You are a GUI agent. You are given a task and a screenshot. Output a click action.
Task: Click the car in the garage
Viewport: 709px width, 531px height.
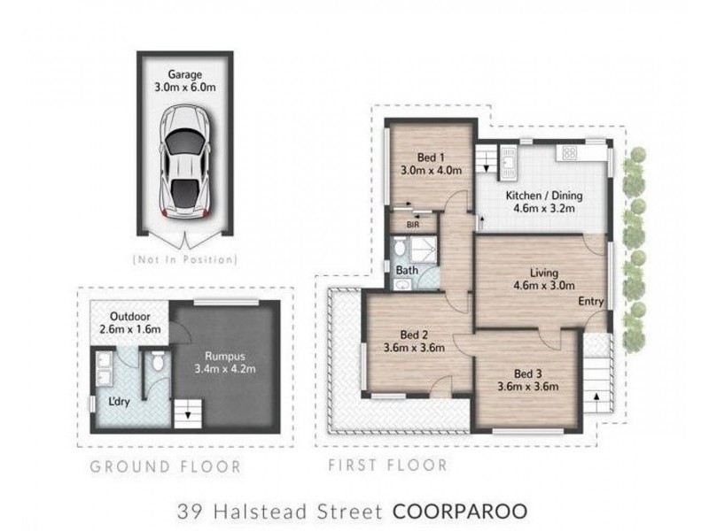pos(185,164)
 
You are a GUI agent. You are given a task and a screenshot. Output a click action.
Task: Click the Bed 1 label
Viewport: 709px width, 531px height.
pos(432,157)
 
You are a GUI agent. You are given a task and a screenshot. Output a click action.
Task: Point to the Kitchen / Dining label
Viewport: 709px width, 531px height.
pos(541,195)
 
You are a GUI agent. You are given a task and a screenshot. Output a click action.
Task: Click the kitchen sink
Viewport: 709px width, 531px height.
pos(509,160)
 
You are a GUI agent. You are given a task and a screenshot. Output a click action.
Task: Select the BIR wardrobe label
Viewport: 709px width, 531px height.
pos(412,225)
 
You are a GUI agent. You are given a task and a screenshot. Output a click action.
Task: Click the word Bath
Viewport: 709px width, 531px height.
pos(407,270)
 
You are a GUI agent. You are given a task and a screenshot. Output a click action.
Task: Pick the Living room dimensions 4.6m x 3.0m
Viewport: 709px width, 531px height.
pos(544,286)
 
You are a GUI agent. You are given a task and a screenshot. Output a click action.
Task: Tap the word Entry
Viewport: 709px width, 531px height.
pos(591,302)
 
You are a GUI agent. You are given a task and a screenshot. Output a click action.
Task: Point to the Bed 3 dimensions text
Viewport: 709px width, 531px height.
pos(526,386)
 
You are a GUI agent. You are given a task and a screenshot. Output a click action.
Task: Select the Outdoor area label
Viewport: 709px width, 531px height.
pos(126,317)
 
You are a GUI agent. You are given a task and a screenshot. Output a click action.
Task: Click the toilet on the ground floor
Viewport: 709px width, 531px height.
pos(157,361)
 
